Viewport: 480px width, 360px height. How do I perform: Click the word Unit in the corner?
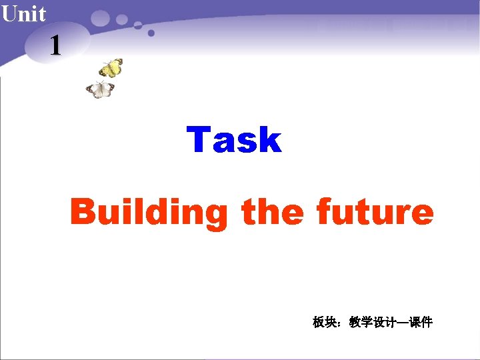point(23,13)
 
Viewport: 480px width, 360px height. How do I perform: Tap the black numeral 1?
point(55,45)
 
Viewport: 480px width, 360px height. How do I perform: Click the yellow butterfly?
point(111,68)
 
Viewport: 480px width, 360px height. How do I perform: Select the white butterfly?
point(101,90)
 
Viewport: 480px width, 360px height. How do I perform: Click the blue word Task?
point(234,140)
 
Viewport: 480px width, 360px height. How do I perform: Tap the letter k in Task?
point(270,140)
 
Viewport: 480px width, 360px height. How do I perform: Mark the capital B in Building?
point(83,213)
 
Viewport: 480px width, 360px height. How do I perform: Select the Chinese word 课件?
point(421,323)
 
